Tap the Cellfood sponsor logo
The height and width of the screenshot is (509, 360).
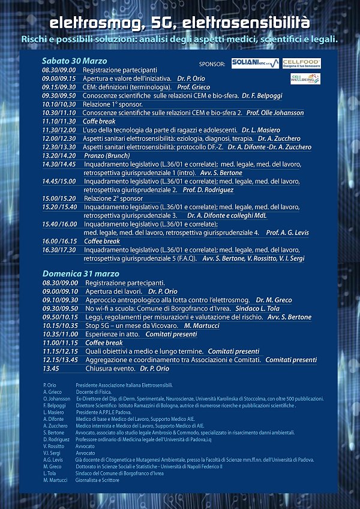pos(301,63)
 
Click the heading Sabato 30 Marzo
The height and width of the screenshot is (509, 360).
pos(74,61)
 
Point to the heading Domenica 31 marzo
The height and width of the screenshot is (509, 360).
pos(81,273)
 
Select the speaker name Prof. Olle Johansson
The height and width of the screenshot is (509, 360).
pos(283,113)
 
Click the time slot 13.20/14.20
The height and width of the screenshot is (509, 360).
pos(59,155)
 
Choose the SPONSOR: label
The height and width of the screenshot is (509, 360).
pos(212,64)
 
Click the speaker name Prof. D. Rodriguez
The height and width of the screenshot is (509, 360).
pos(210,189)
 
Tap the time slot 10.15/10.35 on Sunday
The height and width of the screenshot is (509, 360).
pos(60,325)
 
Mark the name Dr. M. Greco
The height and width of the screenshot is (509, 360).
pos(274,300)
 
